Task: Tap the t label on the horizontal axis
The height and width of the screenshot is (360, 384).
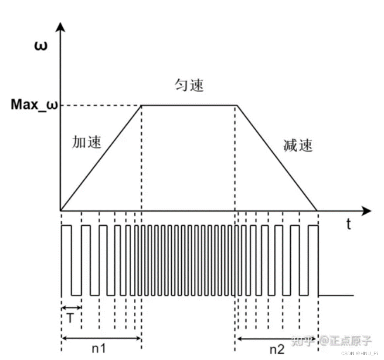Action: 349,224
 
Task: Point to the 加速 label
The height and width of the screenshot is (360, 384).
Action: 87,142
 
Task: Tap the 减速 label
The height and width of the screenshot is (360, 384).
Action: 298,145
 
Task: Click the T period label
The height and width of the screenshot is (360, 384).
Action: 70,318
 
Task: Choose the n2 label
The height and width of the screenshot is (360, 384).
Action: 277,349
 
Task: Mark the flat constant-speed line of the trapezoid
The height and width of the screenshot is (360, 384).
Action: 189,105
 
